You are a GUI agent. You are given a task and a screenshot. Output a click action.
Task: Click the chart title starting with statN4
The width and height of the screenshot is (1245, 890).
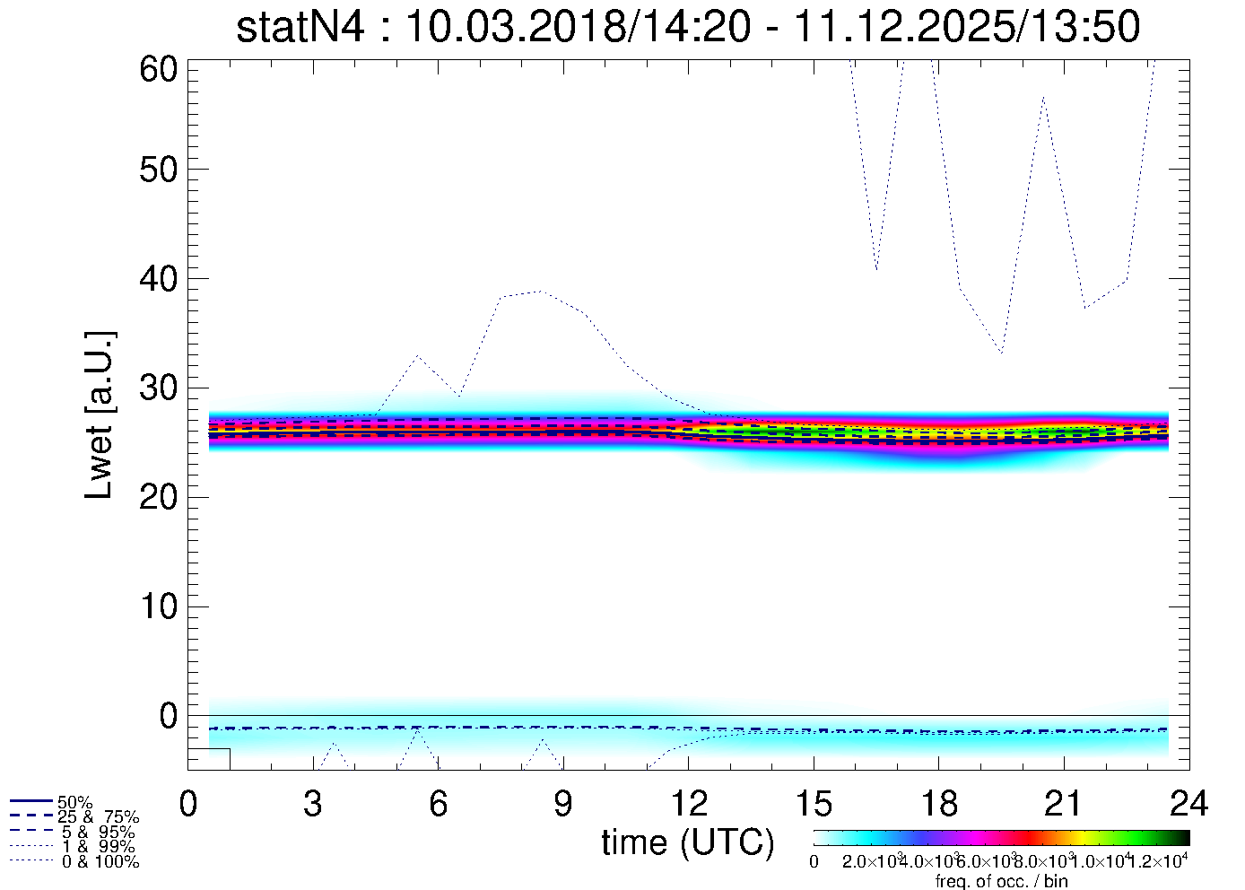pos(688,27)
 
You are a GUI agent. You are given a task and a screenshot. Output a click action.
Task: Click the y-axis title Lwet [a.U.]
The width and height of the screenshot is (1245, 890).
pos(100,414)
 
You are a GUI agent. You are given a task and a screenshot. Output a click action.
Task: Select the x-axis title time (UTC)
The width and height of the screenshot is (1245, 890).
pos(687,842)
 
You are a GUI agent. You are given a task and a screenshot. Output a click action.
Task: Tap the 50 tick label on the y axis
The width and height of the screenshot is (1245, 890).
pos(160,170)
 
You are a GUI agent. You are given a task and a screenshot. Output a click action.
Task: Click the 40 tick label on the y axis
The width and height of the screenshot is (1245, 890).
pos(160,279)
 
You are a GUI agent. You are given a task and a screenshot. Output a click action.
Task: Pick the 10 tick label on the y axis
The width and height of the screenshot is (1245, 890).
pos(160,607)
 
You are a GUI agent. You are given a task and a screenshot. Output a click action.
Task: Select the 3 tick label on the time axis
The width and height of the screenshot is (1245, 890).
pos(312,804)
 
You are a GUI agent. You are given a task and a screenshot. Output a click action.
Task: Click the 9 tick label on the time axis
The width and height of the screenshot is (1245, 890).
pos(562,804)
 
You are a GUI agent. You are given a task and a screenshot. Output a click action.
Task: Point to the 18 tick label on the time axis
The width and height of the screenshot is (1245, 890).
pos(938,804)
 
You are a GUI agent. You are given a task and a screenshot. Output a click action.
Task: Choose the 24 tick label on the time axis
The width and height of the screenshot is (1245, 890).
pos(1188,804)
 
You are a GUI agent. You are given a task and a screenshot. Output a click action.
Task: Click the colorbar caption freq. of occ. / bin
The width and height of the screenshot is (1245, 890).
pos(1001,881)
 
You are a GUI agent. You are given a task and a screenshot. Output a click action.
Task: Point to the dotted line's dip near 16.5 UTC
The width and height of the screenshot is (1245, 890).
pos(876,269)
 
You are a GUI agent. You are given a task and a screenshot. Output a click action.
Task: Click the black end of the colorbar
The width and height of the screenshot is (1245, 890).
pos(1183,837)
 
